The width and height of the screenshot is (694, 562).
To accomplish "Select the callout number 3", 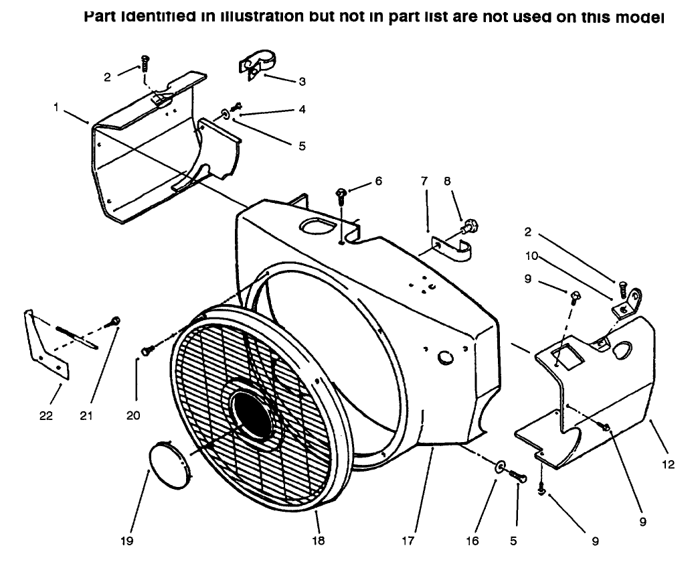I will (x=302, y=82).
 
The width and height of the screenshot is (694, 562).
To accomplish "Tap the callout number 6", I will (x=379, y=181).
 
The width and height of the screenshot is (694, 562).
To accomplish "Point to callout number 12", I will (x=669, y=464).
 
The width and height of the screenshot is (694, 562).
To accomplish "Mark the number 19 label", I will (x=127, y=541).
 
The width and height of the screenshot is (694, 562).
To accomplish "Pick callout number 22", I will (x=46, y=415).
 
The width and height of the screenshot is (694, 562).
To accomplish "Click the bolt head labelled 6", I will (x=342, y=194).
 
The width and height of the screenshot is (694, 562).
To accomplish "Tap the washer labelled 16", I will (x=501, y=466).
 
